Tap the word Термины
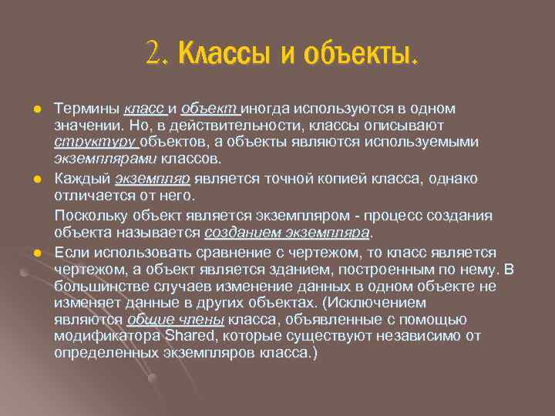pyautogui.click(x=86, y=109)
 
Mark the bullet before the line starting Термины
pyautogui.click(x=35, y=109)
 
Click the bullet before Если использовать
pyautogui.click(x=35, y=252)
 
